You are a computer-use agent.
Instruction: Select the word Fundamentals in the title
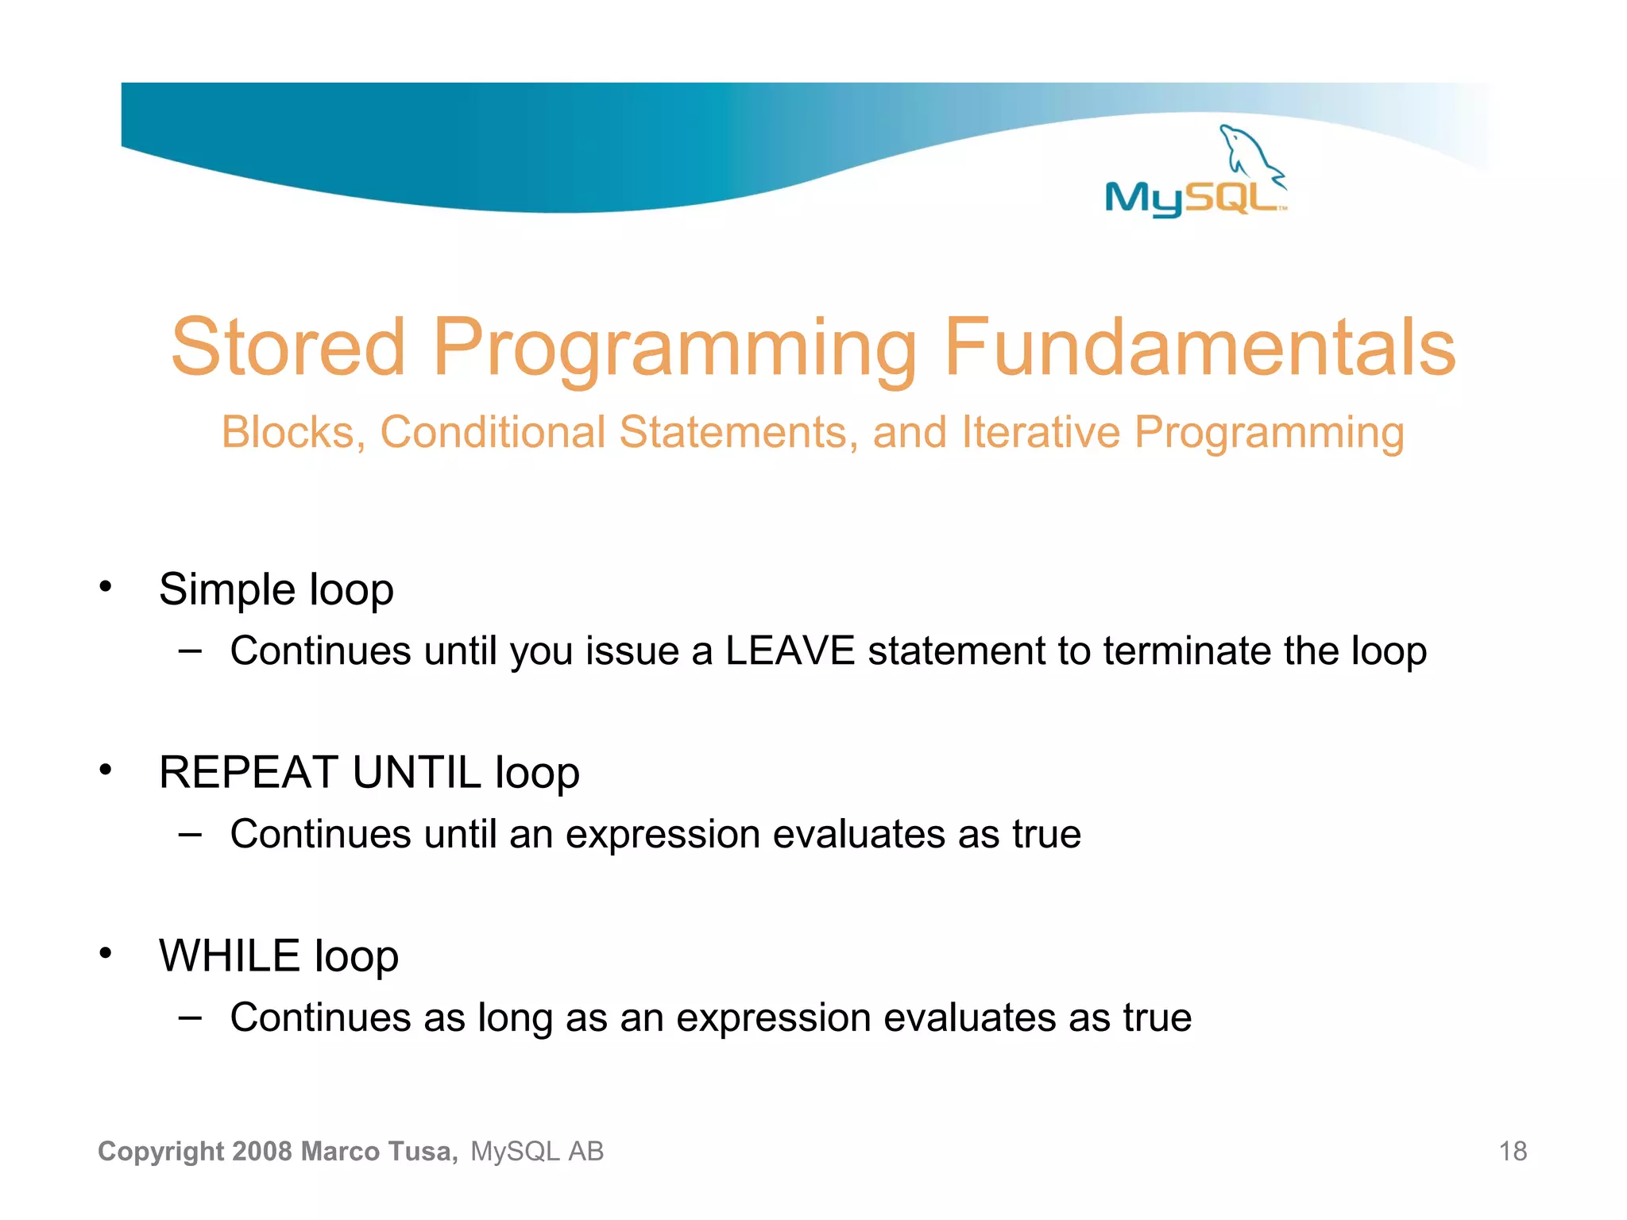tap(1200, 347)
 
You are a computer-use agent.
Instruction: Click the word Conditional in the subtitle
tap(493, 433)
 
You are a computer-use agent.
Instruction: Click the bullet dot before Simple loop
tap(106, 588)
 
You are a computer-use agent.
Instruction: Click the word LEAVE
tap(790, 651)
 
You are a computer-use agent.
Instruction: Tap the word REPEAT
tap(249, 772)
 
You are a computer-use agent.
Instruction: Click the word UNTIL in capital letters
tap(416, 772)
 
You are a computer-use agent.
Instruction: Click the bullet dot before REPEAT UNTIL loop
tap(106, 770)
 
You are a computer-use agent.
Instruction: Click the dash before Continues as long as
tap(190, 1017)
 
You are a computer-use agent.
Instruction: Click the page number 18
tap(1513, 1151)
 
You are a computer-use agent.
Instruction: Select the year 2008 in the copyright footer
tap(263, 1151)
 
